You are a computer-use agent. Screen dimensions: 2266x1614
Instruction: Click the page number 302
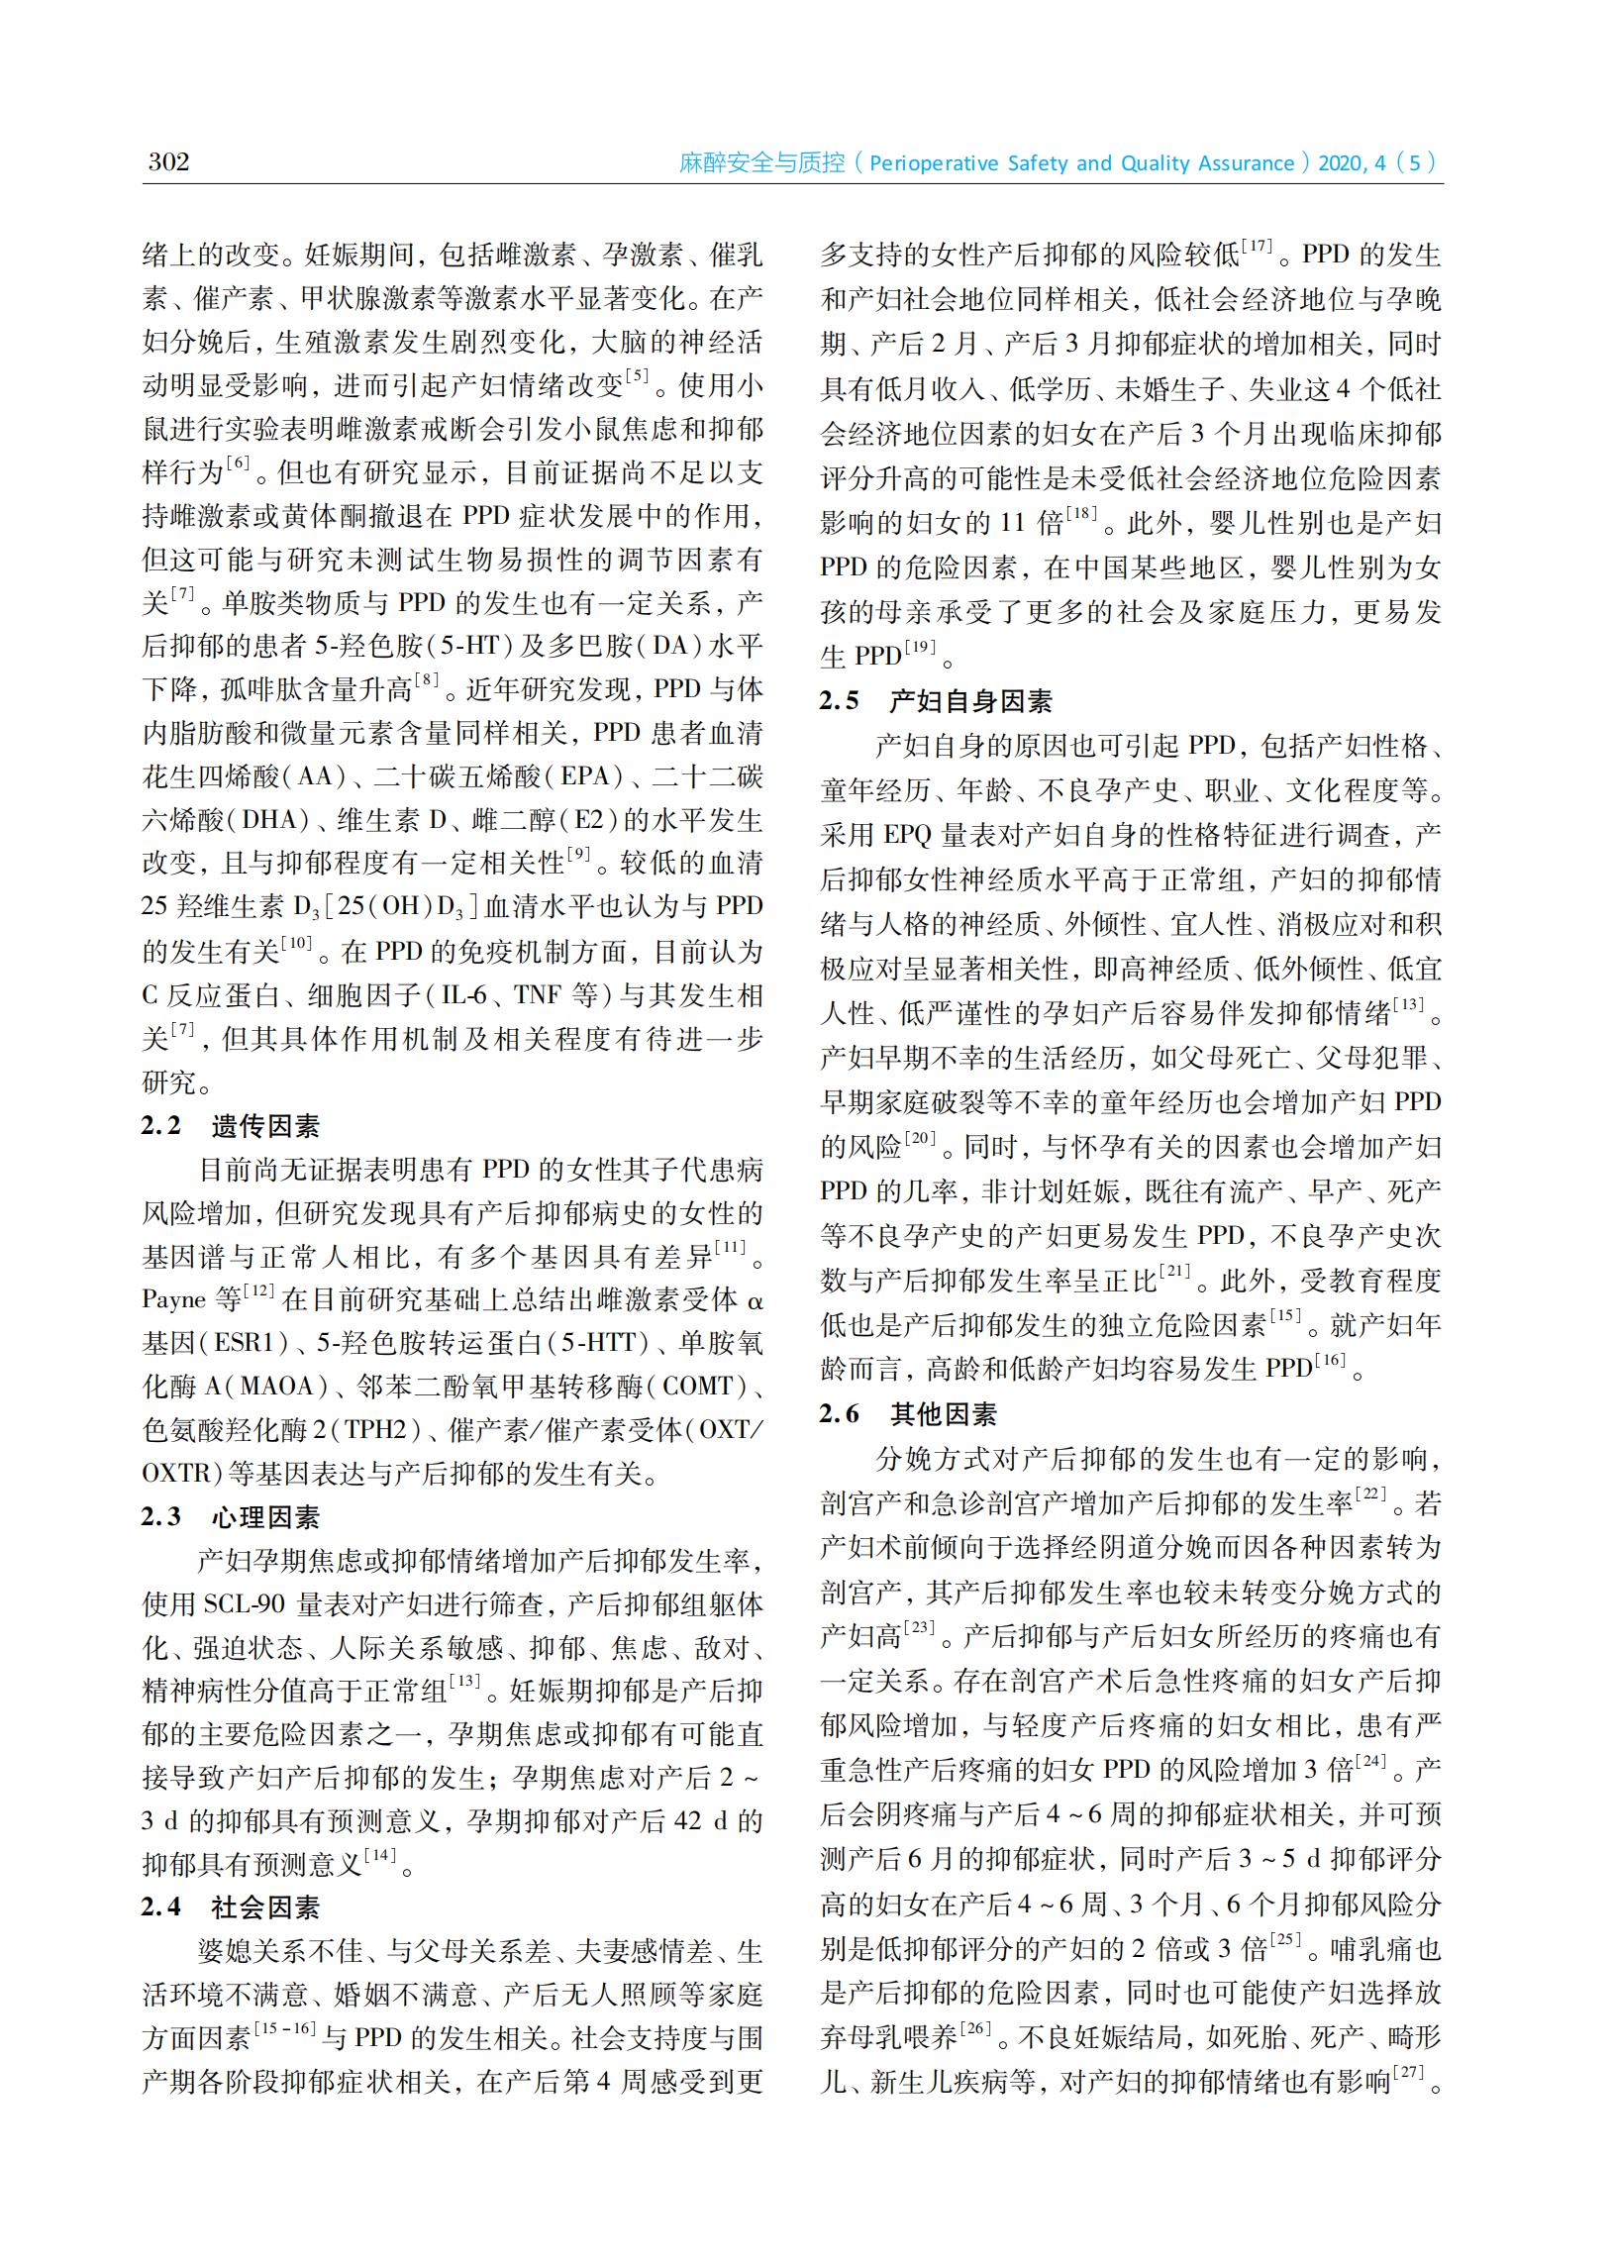pyautogui.click(x=168, y=161)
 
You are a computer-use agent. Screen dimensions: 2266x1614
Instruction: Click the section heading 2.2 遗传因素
pyautogui.click(x=231, y=1126)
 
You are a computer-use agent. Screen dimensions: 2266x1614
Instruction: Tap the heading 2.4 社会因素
pyautogui.click(x=231, y=1907)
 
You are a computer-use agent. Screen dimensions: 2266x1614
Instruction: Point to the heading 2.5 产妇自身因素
pyautogui.click(x=935, y=701)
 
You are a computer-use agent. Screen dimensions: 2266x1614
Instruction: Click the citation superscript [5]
pyautogui.click(x=636, y=375)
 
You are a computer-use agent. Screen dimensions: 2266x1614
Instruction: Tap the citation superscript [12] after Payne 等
pyautogui.click(x=259, y=1291)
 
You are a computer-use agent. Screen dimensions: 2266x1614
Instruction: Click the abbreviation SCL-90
pyautogui.click(x=245, y=1604)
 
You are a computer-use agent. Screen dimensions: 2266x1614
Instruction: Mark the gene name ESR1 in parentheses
pyautogui.click(x=244, y=1343)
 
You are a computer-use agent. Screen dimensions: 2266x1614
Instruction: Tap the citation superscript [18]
pyautogui.click(x=1081, y=514)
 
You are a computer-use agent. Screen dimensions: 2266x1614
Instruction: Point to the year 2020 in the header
pyautogui.click(x=1340, y=163)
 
